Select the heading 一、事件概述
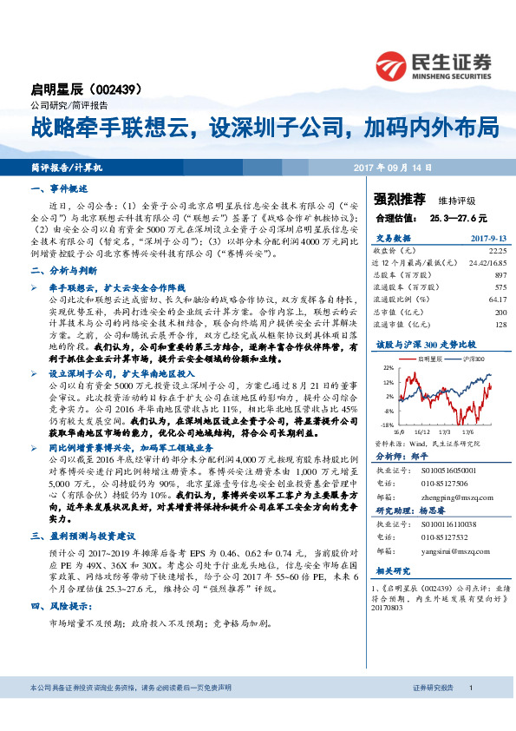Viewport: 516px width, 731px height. point(59,188)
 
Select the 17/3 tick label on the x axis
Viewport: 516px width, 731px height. point(447,431)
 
